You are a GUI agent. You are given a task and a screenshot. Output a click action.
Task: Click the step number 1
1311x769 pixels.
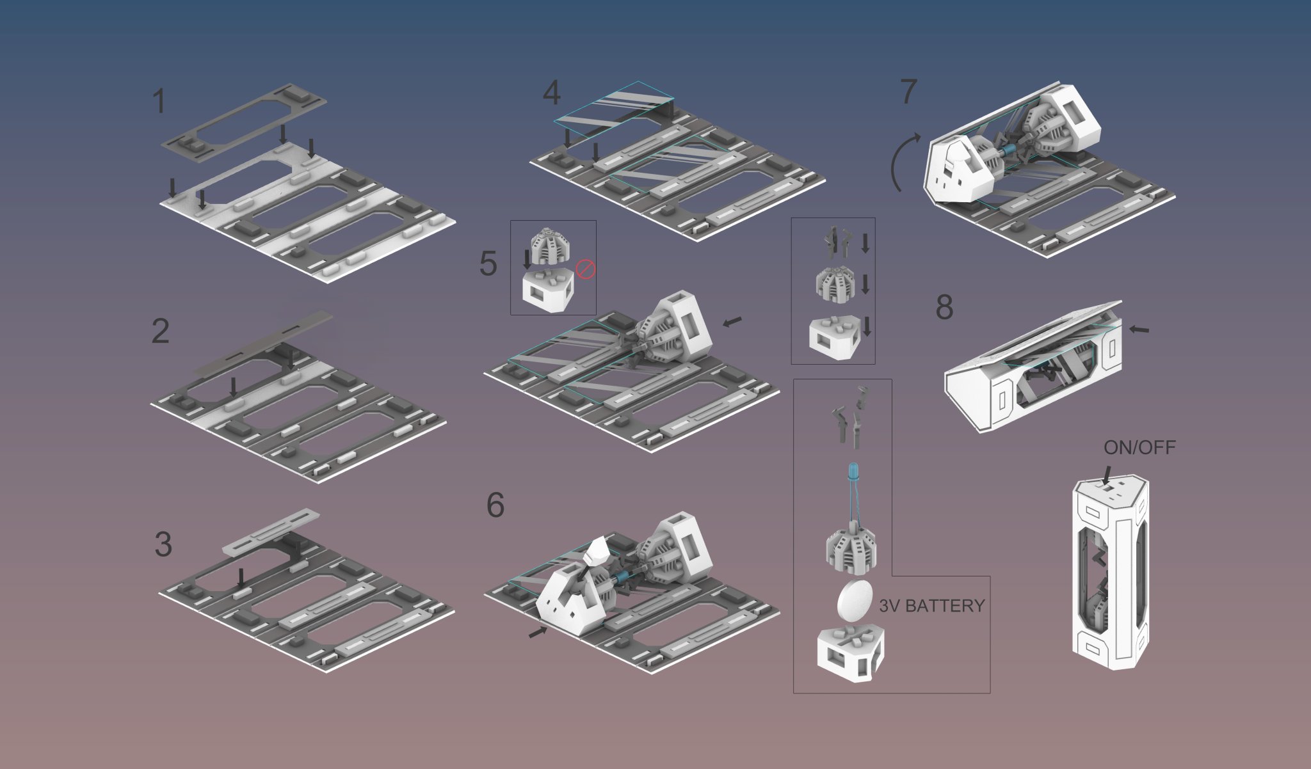click(159, 102)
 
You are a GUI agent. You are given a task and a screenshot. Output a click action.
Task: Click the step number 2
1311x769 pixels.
click(160, 331)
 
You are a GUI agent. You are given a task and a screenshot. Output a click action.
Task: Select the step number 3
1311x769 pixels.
click(163, 544)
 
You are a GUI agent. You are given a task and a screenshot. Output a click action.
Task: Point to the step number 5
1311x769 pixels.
click(488, 264)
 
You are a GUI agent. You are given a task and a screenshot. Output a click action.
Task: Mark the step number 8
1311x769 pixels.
click(944, 308)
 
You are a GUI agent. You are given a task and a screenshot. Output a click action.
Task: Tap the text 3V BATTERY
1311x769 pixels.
click(931, 606)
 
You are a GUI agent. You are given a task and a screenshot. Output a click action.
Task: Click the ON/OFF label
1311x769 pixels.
click(1139, 448)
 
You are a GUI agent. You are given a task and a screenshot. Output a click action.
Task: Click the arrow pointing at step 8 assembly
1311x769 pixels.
click(1139, 330)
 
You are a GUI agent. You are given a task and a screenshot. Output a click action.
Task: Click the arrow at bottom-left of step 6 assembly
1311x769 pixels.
click(538, 632)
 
